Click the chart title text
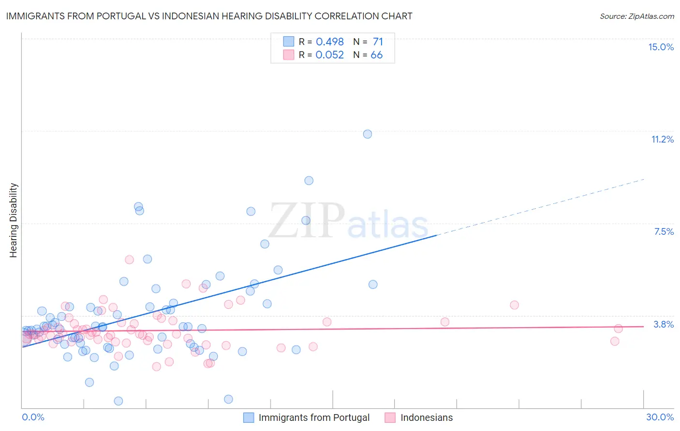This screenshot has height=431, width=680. pos(209,16)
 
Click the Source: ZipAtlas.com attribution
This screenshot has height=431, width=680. pos(636,16)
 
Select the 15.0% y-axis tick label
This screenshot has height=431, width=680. pos(661,47)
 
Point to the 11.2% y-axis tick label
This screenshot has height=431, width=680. pos(662,139)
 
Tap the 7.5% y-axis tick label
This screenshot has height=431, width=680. pos(664,231)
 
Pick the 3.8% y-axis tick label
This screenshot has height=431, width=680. pos(664,324)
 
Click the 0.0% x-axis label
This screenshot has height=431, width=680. pos(33,417)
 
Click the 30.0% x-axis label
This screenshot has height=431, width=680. pos(660,417)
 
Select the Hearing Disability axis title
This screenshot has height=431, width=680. pos(14,220)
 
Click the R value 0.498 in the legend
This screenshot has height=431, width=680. pos(329,42)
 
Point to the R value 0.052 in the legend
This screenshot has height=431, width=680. pos(329,55)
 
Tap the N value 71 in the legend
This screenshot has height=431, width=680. pos(378,42)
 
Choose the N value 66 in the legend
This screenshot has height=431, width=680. pos(376,55)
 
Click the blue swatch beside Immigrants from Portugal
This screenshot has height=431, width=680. pos(249,417)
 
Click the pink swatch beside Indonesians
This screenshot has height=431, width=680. pos(390,417)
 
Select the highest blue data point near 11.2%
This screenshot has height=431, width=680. pos(368,134)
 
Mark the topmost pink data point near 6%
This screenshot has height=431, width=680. pos(129,259)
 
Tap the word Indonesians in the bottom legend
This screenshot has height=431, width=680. pos(427,417)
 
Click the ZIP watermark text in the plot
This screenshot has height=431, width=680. pos(307,221)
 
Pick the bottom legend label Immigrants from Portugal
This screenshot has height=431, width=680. pos(314,417)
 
